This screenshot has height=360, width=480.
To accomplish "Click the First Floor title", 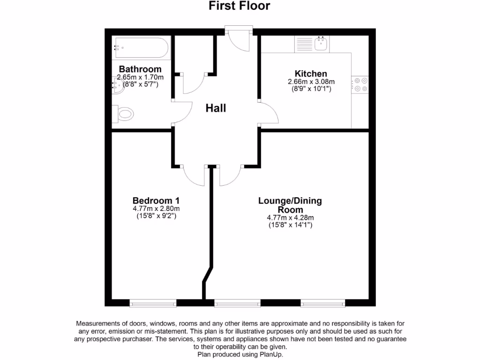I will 240,6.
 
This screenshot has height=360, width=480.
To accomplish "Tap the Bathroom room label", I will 140,69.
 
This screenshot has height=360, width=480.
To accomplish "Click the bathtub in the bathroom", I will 140,47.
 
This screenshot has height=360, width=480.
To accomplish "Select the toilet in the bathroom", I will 124,113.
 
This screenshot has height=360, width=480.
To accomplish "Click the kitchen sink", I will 321,45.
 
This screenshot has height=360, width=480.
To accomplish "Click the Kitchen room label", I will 310,74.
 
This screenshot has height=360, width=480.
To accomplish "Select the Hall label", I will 216,108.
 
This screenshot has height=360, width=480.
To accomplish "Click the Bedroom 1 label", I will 156,200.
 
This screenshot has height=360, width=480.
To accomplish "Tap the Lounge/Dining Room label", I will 290,205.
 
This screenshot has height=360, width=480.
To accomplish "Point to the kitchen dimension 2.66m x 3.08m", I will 310,82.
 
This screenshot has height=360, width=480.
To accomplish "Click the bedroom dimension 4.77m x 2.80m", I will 156,209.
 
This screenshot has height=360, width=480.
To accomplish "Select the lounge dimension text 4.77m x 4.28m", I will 290,217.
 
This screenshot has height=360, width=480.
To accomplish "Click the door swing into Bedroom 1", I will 195,175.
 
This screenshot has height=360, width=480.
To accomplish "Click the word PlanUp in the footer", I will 271,354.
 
